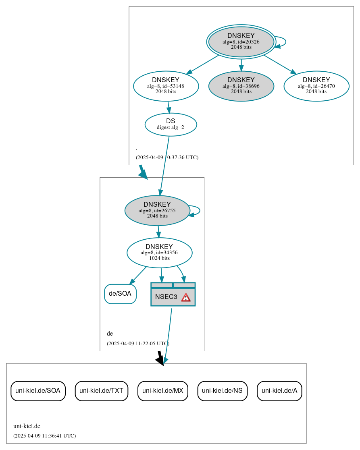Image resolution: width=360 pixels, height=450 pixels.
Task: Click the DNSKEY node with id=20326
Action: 241,41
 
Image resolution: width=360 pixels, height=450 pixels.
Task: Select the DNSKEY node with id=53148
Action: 166,86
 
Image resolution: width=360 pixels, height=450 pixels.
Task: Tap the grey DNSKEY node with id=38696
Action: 241,86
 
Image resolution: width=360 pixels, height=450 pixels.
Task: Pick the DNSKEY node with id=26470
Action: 316,86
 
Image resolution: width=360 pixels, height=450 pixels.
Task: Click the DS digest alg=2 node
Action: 171,124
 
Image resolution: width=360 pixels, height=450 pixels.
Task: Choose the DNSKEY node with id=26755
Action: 157,210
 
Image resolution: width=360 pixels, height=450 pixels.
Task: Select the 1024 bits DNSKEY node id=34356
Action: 159,253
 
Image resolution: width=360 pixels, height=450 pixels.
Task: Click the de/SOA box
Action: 120,294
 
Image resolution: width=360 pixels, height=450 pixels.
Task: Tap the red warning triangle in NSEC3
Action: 185,297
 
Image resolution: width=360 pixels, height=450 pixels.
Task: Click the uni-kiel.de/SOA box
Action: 38,390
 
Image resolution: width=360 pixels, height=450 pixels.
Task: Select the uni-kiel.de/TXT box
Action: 102,390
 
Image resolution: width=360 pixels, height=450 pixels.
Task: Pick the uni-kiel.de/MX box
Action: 163,390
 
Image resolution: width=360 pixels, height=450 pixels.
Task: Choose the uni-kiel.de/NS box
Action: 222,390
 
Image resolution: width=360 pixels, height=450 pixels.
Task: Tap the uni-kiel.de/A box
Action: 279,390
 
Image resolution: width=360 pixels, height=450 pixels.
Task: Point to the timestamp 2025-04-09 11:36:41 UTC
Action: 44,435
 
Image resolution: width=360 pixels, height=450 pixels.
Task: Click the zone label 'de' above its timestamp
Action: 110,334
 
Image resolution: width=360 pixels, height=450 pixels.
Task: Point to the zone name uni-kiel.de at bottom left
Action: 27,426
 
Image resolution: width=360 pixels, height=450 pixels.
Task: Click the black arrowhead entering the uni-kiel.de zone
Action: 160,360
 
